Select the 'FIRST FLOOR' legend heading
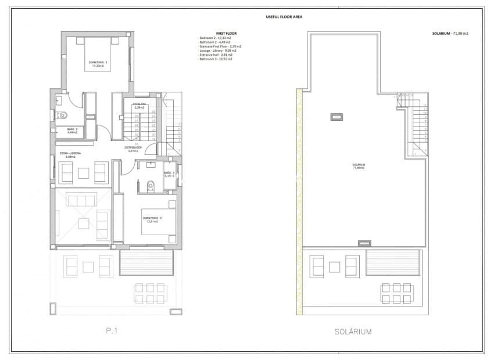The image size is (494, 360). pos(227,34)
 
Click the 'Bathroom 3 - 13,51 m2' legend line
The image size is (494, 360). pos(215,59)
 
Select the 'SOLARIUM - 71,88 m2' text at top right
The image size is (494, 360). pos(450,34)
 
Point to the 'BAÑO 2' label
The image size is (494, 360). pos(71,131)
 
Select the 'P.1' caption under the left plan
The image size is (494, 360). pos(113,332)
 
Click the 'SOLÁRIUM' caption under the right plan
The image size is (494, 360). pos(353,332)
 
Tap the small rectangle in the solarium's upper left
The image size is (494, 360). pos(336,117)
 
